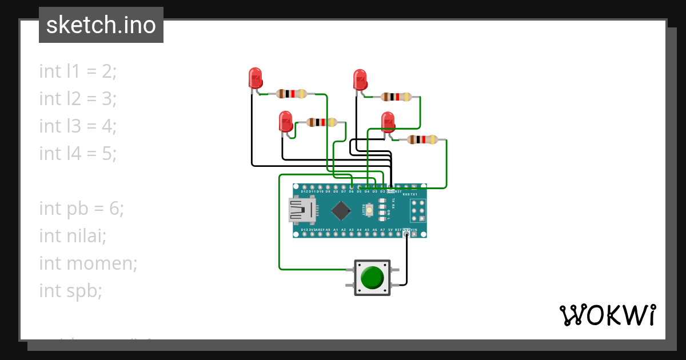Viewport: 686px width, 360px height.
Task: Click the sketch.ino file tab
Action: [101, 25]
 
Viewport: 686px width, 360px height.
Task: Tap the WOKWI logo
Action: [607, 315]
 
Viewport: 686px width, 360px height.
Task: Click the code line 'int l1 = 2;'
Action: [78, 71]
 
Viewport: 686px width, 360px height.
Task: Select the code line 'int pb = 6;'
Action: [81, 209]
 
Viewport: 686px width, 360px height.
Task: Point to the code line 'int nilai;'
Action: [73, 236]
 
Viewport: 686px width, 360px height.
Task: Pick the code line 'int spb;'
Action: [70, 291]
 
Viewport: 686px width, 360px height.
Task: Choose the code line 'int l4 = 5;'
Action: [78, 154]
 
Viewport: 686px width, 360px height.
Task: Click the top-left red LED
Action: [255, 78]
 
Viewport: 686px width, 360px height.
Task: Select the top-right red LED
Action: [360, 79]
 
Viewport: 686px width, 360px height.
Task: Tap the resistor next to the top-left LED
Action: [292, 94]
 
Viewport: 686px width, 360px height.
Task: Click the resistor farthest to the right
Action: [422, 139]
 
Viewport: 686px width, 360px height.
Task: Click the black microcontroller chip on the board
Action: [341, 210]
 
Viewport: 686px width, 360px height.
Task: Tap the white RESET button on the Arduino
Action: [370, 211]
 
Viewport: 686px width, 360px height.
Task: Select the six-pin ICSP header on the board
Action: [418, 210]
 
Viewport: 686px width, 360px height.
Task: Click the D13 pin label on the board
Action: [304, 230]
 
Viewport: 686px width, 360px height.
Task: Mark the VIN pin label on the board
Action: [422, 230]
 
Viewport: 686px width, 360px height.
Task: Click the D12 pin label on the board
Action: [304, 191]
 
